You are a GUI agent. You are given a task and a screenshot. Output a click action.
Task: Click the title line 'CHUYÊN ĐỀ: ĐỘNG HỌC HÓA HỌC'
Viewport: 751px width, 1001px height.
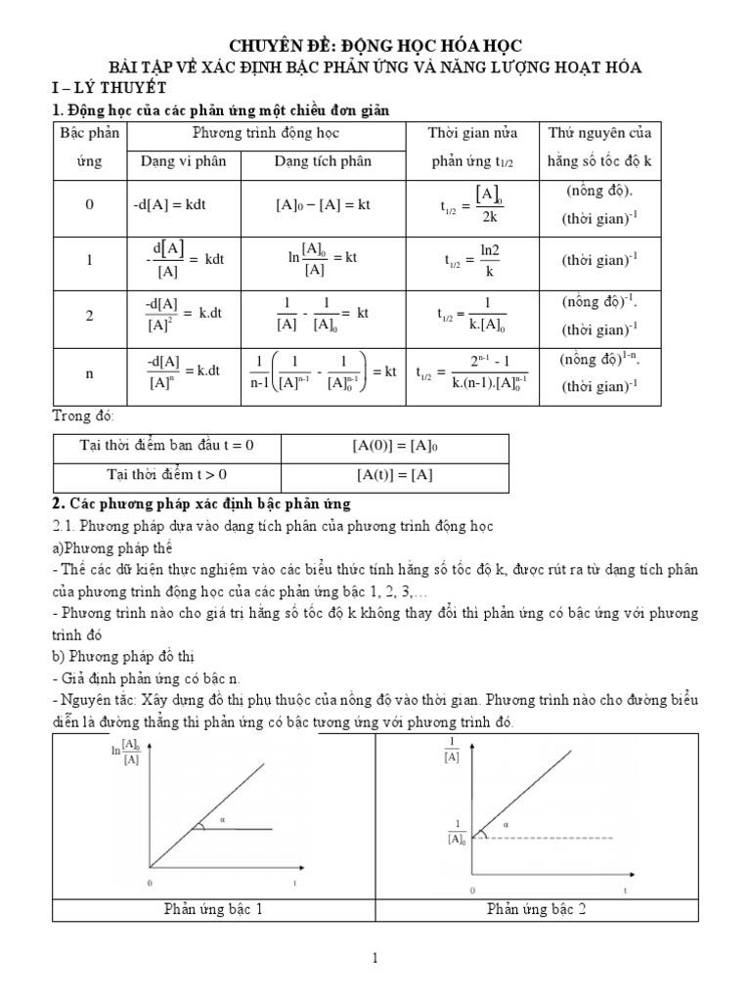[x=375, y=46]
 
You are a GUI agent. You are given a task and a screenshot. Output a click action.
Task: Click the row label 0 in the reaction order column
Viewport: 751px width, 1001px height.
[x=89, y=206]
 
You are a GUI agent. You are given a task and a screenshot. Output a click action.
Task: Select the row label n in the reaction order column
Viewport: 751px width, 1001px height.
[x=89, y=371]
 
